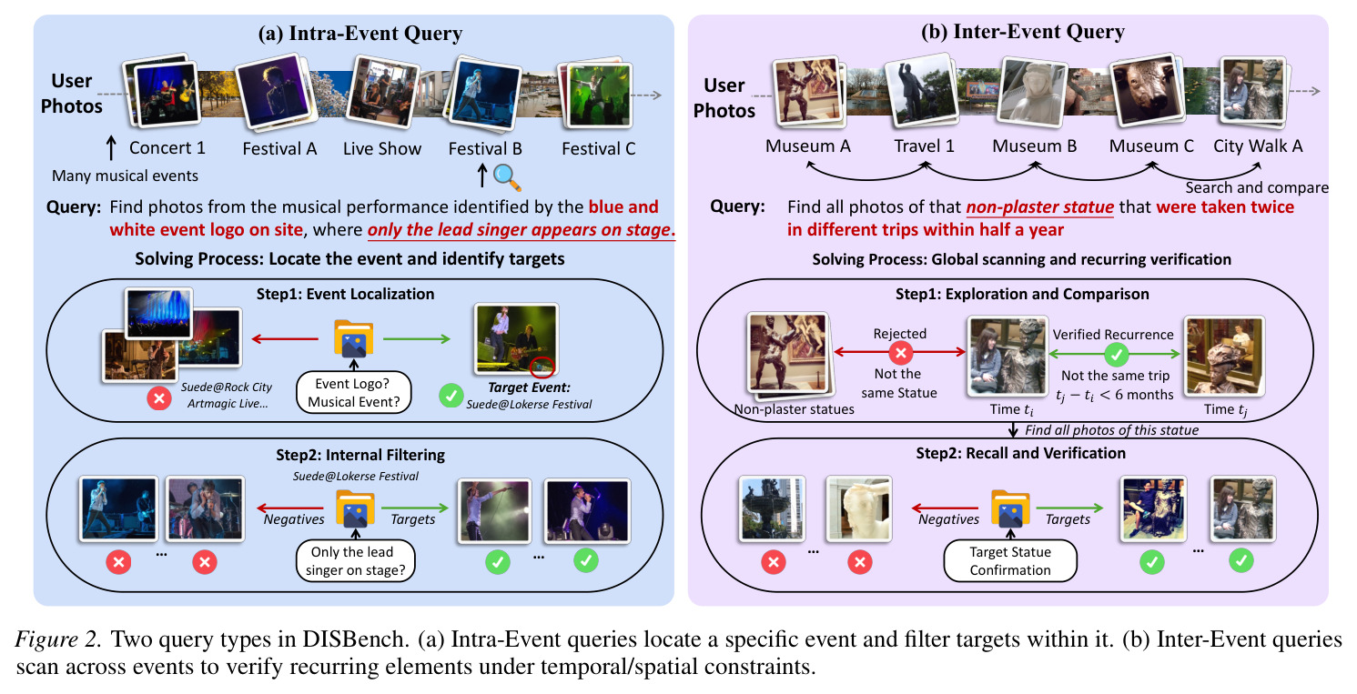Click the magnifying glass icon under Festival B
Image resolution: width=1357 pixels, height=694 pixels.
click(507, 176)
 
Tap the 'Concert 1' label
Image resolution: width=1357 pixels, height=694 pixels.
click(167, 147)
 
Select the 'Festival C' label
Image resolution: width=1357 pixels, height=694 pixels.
click(599, 148)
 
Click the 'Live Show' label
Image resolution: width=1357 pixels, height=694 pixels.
click(382, 148)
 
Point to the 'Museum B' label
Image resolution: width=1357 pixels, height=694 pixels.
click(1034, 146)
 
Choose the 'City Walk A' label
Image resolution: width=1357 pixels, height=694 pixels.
click(1258, 146)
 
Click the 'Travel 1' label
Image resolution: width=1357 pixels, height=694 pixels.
click(924, 146)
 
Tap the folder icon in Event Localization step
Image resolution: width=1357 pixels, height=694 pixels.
click(354, 338)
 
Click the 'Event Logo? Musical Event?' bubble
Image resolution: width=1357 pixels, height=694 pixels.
click(354, 392)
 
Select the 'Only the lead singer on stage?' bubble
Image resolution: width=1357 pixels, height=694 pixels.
click(356, 561)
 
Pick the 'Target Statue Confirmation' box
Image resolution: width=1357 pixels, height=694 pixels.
click(1010, 561)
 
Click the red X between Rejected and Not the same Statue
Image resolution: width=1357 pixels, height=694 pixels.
click(900, 352)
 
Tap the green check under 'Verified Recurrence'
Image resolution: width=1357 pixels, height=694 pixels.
click(1116, 354)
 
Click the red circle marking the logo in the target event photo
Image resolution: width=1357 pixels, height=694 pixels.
click(542, 366)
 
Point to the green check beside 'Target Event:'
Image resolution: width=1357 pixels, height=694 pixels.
click(451, 396)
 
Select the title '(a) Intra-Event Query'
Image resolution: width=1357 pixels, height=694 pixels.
click(360, 34)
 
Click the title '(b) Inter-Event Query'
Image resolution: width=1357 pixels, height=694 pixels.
click(1023, 32)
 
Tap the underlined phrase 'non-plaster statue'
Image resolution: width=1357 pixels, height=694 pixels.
click(1039, 207)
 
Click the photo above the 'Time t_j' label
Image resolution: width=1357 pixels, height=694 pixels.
click(1224, 356)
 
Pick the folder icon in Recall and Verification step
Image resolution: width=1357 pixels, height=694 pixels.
click(1010, 508)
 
